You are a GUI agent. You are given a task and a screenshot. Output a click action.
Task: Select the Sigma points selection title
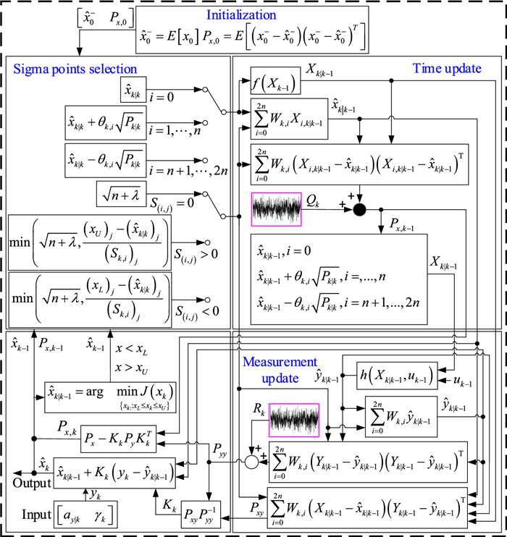[x=75, y=69]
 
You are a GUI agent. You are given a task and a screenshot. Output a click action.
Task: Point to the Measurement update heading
[x=280, y=368]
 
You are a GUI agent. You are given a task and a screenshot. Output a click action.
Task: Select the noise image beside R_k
[x=294, y=418]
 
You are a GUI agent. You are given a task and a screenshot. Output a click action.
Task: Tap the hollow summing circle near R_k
[x=251, y=460]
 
